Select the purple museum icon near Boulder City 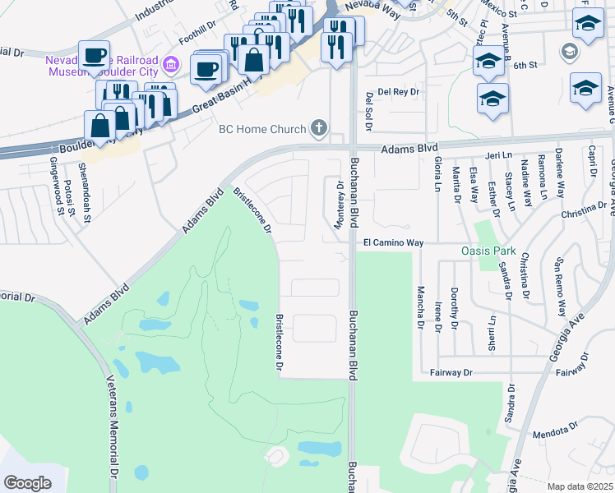point(171,64)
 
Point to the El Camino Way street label point(393,243)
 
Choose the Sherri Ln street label point(492,333)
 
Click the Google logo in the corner point(27,483)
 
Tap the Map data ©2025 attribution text point(579,486)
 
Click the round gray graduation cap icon point(568,53)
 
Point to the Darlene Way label point(560,178)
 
